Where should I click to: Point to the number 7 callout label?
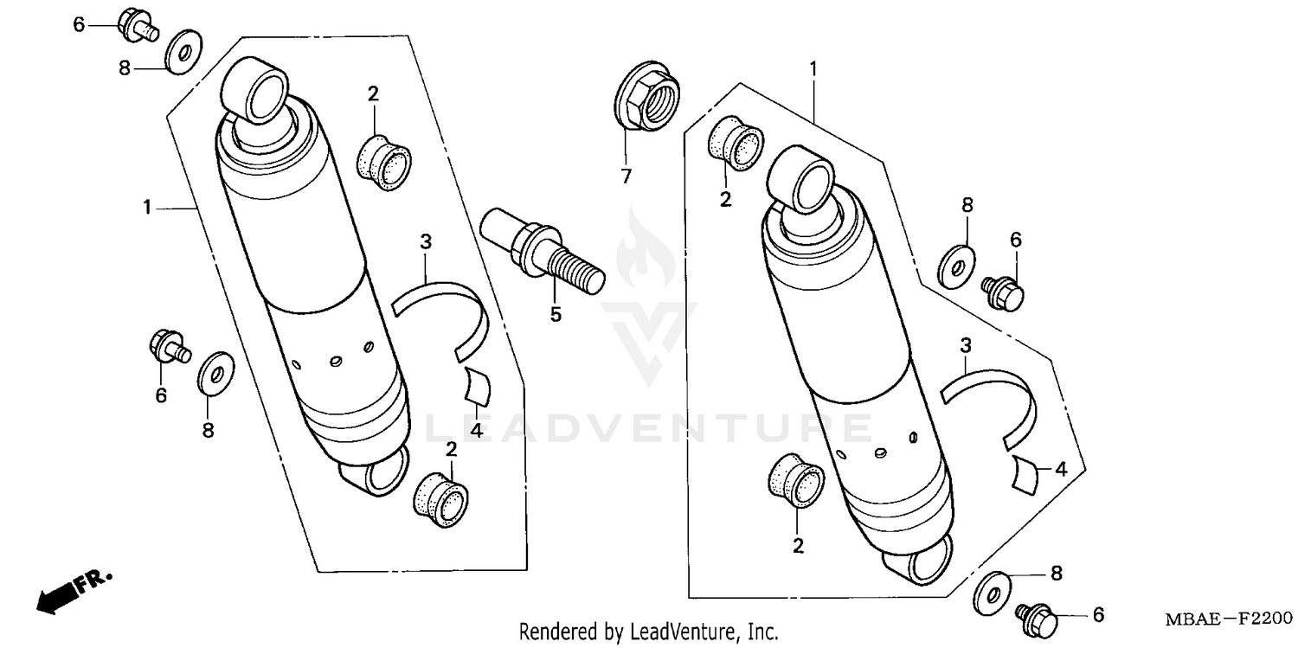(x=626, y=176)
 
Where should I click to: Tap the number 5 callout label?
(x=556, y=315)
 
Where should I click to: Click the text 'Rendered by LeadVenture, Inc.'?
(x=648, y=632)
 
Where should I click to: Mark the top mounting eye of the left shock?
(x=256, y=90)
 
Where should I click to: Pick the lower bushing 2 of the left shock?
(x=441, y=500)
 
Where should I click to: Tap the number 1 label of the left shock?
(x=147, y=208)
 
